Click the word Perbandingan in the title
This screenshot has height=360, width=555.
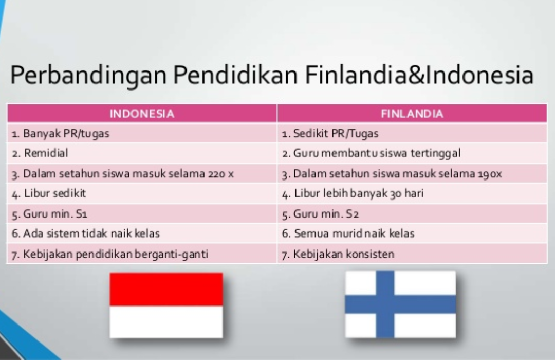coord(88,75)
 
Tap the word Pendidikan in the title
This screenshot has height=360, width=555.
coord(235,75)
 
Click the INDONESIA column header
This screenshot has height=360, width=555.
coord(142,113)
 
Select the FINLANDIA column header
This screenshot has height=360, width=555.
coord(412,113)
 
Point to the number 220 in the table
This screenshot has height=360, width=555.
coord(217,174)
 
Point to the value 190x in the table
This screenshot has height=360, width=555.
coord(490,174)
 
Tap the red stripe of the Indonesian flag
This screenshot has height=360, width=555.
coord(166,289)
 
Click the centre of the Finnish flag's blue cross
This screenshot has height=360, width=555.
coord(385,304)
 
